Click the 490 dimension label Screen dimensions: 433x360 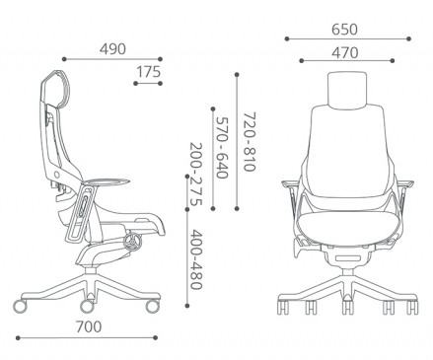click(112, 49)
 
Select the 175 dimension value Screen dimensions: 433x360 click(148, 72)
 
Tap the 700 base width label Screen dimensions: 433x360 click(89, 326)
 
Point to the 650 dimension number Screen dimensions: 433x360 click(344, 30)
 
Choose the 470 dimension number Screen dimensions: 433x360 click(344, 52)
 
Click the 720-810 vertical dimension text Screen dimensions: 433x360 click(250, 142)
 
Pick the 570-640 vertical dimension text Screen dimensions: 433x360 click(222, 148)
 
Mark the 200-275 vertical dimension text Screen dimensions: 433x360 click(196, 175)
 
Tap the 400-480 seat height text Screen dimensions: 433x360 click(196, 259)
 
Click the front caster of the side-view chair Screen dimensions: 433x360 click(153, 306)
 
